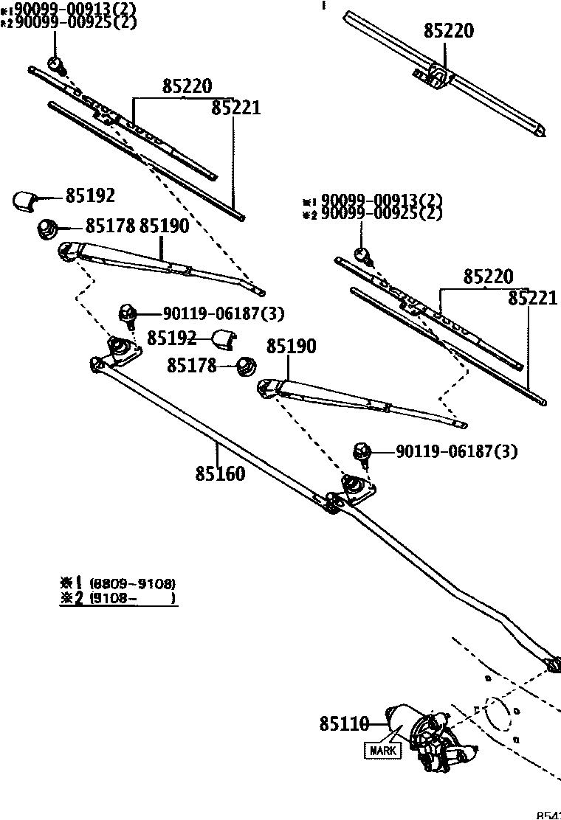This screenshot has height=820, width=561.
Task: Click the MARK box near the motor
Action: point(383,751)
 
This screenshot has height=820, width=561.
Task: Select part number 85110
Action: point(344,725)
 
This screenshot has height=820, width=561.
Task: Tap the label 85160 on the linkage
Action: point(220,473)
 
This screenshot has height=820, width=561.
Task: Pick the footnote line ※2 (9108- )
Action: point(118,599)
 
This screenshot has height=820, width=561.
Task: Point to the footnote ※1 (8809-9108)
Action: point(118,583)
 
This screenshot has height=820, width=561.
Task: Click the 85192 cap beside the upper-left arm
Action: point(27,199)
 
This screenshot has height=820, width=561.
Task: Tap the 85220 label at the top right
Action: point(449,31)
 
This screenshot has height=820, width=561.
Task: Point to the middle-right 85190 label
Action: point(291,346)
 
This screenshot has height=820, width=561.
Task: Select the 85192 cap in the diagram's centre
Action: point(222,339)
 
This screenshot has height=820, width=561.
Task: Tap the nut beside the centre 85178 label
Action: point(245,364)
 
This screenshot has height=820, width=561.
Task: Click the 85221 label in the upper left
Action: point(236,108)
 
